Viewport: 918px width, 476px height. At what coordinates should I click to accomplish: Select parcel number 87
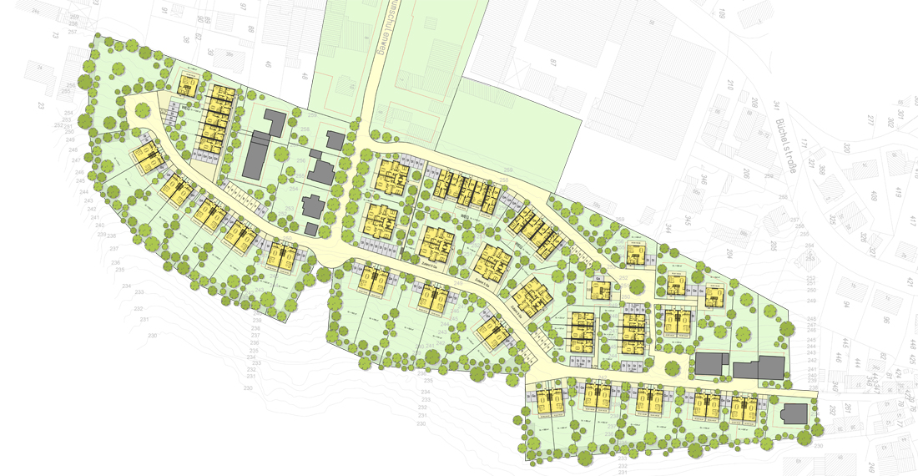(552, 63)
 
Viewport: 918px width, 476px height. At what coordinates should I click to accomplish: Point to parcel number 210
(730, 84)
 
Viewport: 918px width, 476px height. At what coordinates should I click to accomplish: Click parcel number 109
(723, 13)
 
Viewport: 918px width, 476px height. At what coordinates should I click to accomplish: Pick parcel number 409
(874, 197)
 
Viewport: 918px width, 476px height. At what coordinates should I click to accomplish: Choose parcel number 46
(268, 65)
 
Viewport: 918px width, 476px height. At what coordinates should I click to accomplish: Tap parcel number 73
(55, 35)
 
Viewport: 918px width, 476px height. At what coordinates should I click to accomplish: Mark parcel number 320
(846, 148)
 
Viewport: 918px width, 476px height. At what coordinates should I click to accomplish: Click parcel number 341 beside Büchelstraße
(775, 105)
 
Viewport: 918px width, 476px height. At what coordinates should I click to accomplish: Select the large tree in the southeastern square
(672, 367)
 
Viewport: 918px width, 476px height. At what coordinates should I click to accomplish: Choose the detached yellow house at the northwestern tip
(188, 84)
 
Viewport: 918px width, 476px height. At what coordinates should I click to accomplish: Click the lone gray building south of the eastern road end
(793, 413)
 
